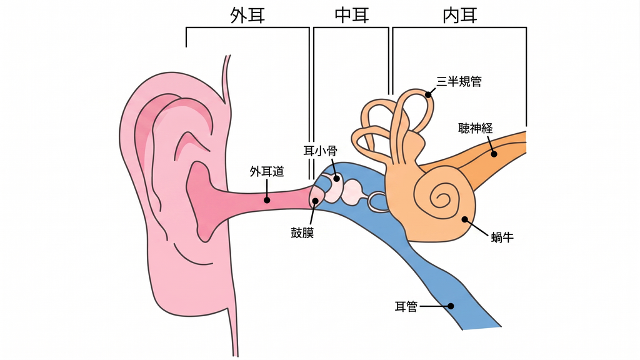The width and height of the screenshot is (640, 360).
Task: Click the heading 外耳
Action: coord(247,16)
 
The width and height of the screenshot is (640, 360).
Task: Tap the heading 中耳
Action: coord(352,16)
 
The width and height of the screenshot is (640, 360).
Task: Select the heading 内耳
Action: coord(460,16)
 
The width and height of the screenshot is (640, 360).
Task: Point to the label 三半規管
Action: coord(459,81)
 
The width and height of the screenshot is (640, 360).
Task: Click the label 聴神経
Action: coord(476,128)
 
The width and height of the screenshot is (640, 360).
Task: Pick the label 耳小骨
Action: coord(320,151)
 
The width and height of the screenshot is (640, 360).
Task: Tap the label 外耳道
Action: coord(267,171)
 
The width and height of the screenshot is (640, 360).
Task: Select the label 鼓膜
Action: coord(302,232)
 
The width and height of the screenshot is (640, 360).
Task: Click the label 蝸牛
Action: coord(502,237)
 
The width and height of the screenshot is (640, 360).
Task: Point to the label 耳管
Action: coord(406,306)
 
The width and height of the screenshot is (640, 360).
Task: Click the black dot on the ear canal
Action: coord(267,200)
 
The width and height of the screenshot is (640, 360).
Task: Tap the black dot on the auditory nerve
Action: coord(494,154)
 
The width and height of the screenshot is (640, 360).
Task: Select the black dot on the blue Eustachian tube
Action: coord(451,306)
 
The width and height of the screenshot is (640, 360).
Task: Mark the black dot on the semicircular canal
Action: coord(428,95)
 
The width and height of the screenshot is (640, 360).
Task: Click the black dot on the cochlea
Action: coord(464,219)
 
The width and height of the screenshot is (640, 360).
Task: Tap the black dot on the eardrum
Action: coord(316,201)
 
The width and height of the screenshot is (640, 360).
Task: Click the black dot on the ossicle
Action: coord(337,178)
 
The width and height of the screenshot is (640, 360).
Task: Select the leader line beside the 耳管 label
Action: coord(434,306)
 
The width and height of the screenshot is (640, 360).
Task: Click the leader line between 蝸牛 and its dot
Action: coord(477,227)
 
